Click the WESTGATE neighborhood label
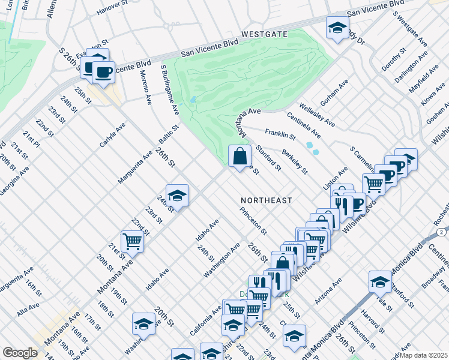265,35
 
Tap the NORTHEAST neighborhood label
266,200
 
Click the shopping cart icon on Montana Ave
132,242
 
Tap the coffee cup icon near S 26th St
103,72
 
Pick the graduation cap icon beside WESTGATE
337,27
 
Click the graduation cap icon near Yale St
381,281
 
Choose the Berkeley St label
294,161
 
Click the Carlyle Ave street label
112,136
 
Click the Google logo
19,353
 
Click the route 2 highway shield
442,232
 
